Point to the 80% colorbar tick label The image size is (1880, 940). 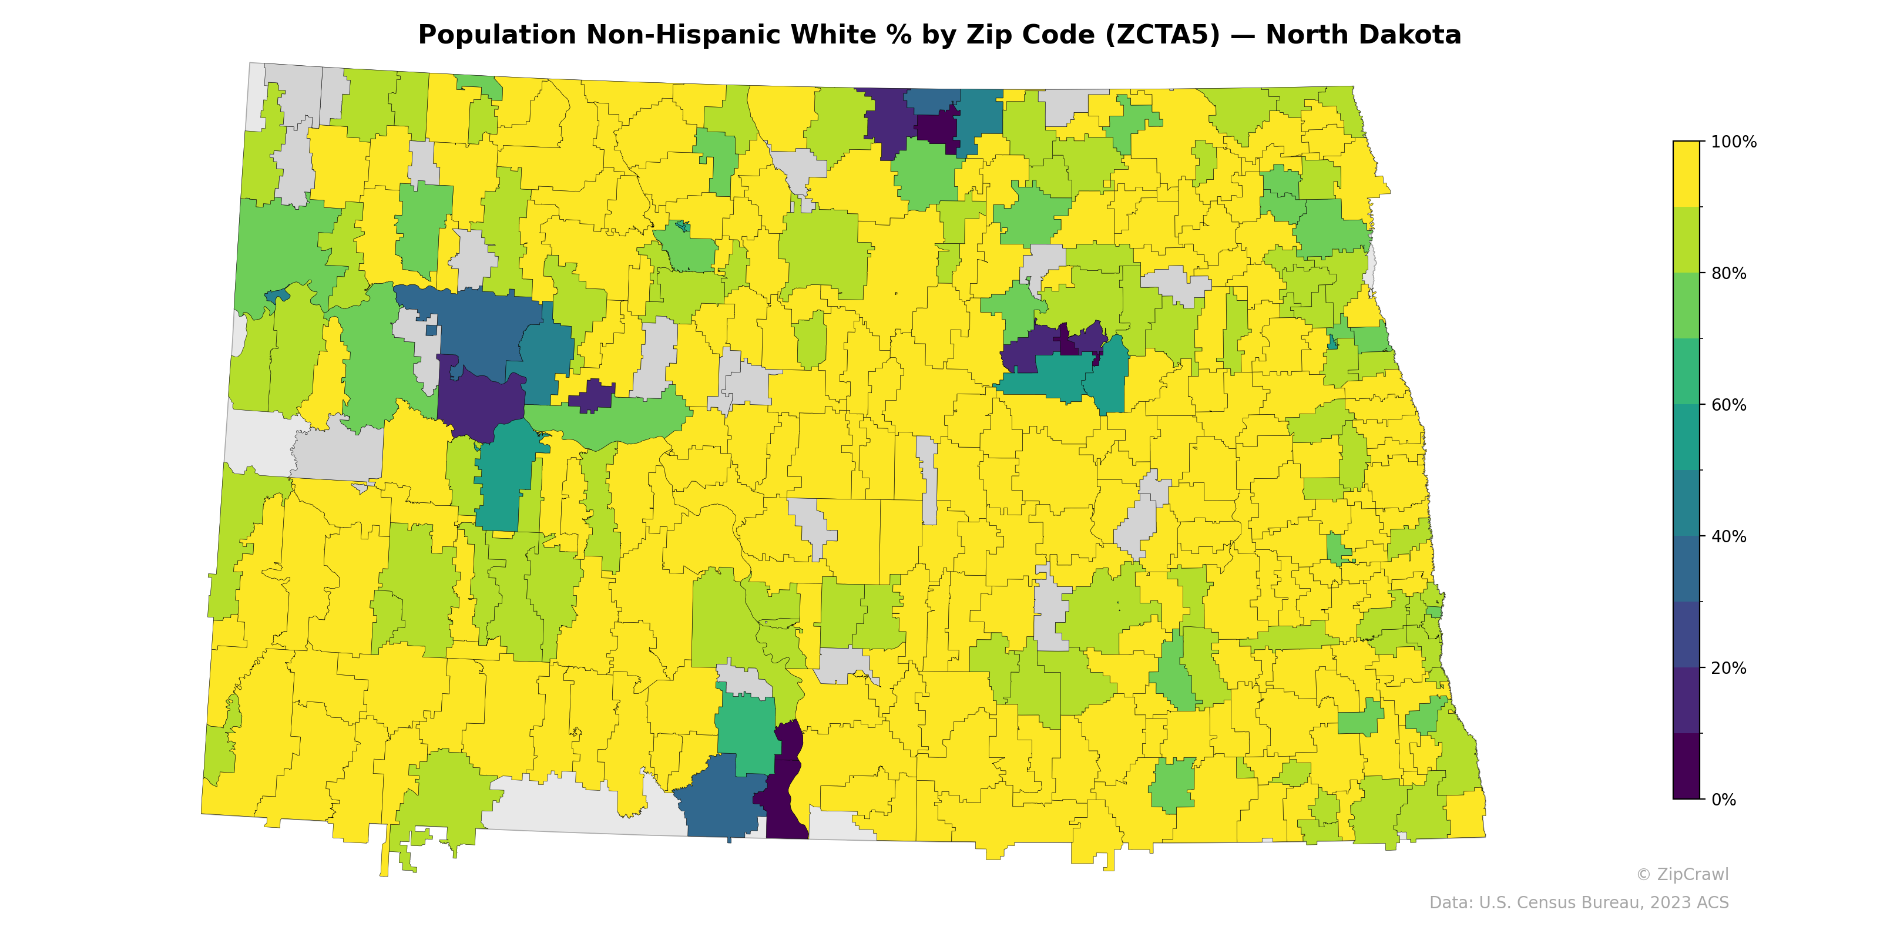tap(1728, 274)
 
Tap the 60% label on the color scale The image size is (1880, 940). tap(1728, 405)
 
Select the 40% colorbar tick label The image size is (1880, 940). tap(1728, 536)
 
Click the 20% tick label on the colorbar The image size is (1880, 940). tap(1728, 668)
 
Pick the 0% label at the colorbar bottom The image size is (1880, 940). tap(1723, 800)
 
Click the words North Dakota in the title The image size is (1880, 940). tap(1362, 35)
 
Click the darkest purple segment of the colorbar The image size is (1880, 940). tap(1686, 766)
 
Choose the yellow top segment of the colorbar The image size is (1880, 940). tap(1686, 174)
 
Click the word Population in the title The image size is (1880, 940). tap(497, 35)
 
